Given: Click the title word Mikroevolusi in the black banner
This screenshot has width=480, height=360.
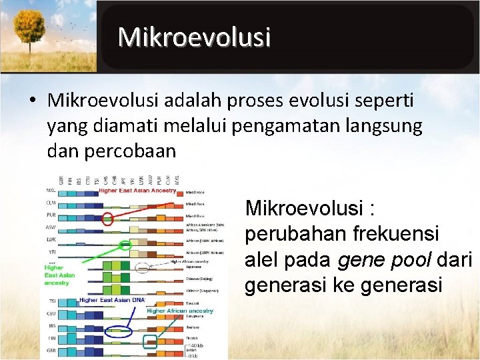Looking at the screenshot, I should tap(194, 37).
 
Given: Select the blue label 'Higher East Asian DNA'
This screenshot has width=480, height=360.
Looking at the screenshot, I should tap(111, 301).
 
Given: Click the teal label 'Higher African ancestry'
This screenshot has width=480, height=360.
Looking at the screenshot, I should tap(179, 311).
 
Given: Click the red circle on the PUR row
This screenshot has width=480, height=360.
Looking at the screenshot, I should tap(107, 217).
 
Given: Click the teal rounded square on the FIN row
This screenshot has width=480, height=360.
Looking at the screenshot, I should tap(151, 342).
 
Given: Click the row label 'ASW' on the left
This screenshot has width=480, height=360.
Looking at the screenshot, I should tap(51, 227).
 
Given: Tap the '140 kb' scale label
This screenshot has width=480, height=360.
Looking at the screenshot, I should tap(196, 345).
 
